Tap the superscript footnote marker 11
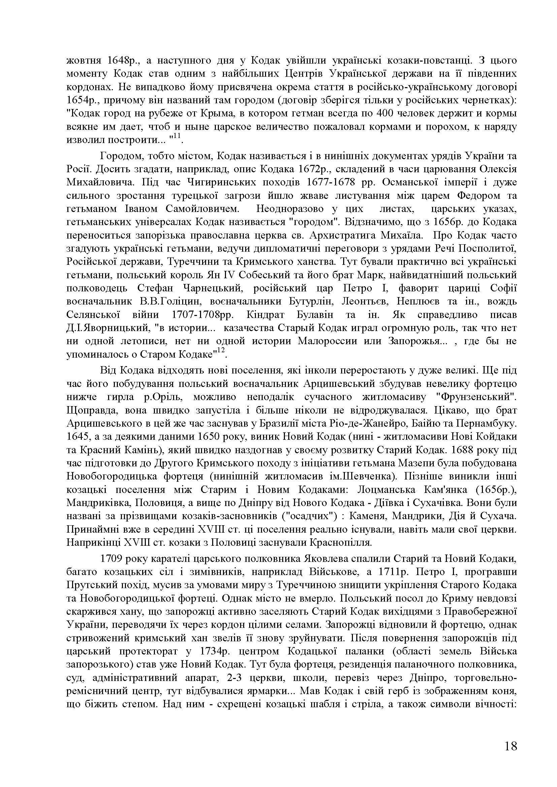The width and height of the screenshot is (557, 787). (177, 136)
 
